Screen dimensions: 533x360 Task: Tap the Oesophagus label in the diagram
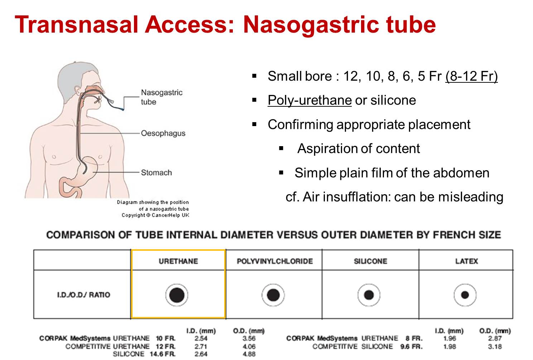coord(163,134)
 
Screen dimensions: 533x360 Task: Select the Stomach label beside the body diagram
coord(156,173)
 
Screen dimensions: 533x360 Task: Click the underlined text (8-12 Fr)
coord(471,76)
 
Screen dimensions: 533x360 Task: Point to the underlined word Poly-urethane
coord(309,100)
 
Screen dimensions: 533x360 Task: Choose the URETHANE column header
coord(178,261)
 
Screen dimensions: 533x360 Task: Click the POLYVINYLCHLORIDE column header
coord(275,261)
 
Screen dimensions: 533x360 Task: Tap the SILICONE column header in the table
coord(370,261)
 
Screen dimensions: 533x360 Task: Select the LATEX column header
coord(467,261)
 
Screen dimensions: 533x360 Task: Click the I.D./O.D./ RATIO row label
coord(83,295)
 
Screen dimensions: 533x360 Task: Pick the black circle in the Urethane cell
coord(177,295)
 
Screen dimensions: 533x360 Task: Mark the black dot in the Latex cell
coord(465,295)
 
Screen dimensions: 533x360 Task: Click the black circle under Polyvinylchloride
coord(273,295)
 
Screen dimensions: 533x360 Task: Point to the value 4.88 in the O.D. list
coord(249,354)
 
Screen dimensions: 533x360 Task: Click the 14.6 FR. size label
coord(163,354)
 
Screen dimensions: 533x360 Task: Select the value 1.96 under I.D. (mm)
coord(450,339)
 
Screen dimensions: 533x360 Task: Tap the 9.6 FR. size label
coord(412,346)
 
